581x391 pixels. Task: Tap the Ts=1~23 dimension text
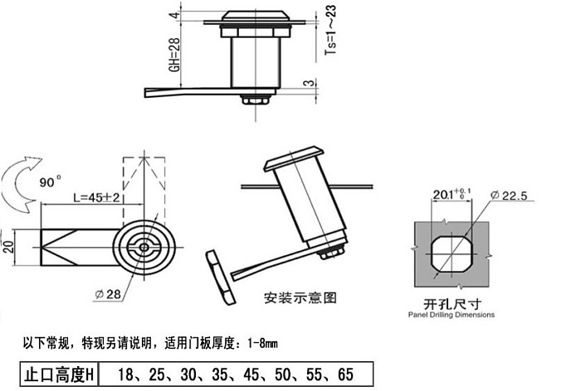pos(330,31)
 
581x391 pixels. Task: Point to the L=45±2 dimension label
pos(96,197)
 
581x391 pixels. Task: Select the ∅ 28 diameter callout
pos(108,294)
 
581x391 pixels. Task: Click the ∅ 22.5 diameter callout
pos(508,195)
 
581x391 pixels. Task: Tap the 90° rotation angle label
pos(50,182)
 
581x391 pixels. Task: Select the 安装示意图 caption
pos(300,297)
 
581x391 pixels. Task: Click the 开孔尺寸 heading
pos(452,304)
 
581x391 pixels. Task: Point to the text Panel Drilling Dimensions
pos(452,315)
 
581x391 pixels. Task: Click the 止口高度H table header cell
pos(59,374)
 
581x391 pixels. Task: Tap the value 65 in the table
pos(345,374)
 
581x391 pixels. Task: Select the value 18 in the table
pos(125,374)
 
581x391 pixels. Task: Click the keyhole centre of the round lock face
pos(144,248)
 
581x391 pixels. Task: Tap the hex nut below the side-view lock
pos(256,99)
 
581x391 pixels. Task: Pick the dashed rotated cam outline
pos(144,188)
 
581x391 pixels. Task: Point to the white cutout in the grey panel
pos(452,254)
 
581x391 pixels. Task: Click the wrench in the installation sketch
pos(221,278)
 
